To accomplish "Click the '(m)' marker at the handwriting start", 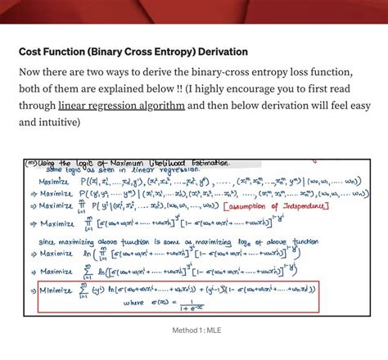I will (30, 163).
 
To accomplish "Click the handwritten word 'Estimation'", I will (196, 162).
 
